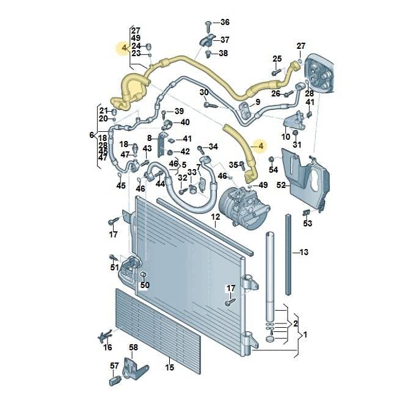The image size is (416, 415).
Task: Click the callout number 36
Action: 225,22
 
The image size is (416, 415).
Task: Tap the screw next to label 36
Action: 208,26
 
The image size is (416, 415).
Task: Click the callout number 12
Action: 216,217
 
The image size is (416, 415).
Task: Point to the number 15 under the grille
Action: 170,367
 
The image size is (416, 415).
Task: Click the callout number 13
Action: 304,252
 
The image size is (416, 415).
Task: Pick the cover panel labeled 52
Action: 305,180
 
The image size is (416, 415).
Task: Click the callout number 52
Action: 281,185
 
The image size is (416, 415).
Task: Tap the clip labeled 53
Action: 307,212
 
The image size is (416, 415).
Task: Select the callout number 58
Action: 133,347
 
